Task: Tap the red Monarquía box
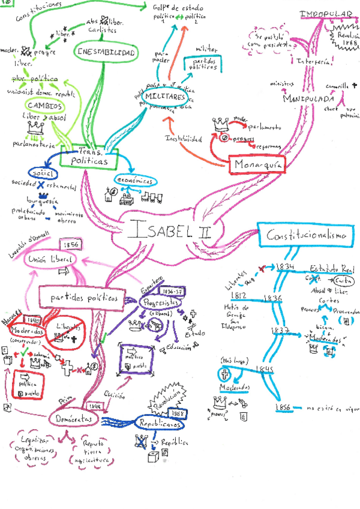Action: click(x=255, y=164)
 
